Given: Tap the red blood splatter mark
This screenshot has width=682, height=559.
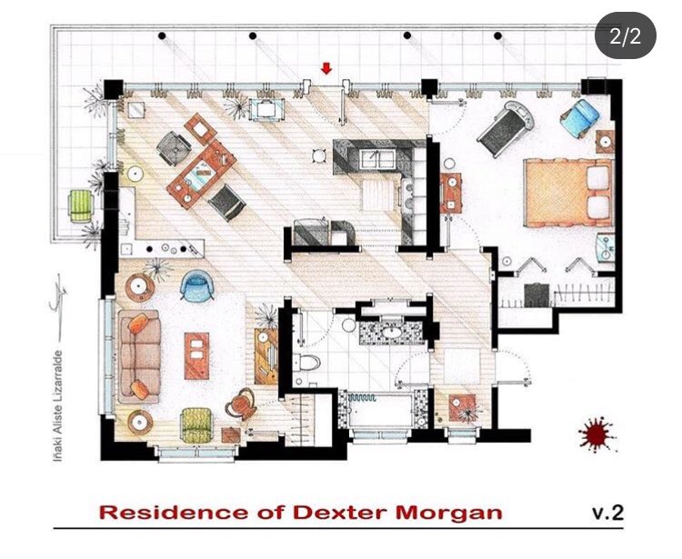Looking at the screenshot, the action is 597,434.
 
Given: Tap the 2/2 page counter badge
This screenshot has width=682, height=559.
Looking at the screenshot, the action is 626,36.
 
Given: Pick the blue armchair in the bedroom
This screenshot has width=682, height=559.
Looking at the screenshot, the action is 579,117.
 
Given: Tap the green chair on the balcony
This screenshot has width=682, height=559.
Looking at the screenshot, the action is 82,205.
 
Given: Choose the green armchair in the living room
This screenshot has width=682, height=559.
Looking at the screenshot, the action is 196,423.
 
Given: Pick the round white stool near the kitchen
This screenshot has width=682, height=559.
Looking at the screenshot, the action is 316,154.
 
